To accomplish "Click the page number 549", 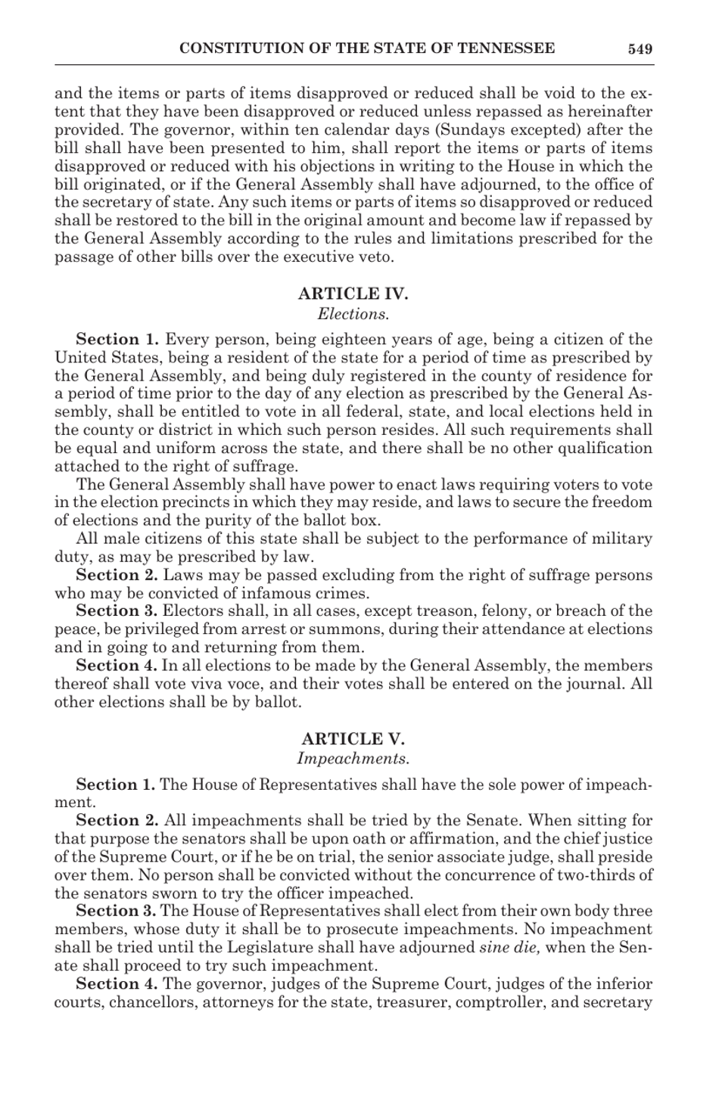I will click(x=640, y=49).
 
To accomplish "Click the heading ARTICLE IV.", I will click(x=353, y=294).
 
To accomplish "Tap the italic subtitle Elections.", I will click(x=353, y=312).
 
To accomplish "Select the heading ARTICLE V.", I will click(x=353, y=738).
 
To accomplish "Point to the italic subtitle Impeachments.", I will click(x=353, y=757).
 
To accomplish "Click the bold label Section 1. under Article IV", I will click(x=117, y=339).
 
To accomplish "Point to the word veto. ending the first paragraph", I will click(x=375, y=256).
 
